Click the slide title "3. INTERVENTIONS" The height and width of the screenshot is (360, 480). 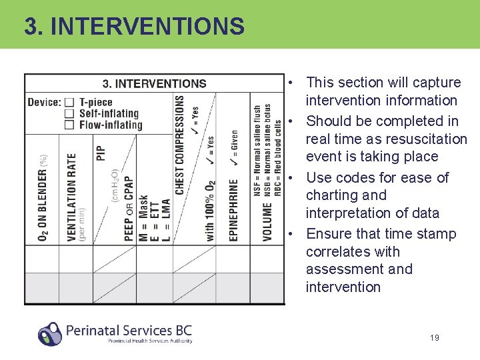134,27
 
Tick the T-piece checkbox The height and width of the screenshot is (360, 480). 69,103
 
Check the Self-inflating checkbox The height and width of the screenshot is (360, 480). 69,113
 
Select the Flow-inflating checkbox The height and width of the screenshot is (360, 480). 69,125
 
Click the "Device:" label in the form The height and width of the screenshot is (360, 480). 44,103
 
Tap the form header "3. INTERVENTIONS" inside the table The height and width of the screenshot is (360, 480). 154,84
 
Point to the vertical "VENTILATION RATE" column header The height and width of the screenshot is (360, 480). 72,197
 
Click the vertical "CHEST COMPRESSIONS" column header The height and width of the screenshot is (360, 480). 180,145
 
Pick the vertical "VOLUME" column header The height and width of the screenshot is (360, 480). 267,222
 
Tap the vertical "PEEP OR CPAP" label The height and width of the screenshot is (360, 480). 129,207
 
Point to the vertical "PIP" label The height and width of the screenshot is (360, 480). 101,153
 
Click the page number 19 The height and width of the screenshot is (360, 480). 434,338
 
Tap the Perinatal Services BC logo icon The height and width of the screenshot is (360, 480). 50,333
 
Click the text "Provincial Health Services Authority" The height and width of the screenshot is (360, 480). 150,341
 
